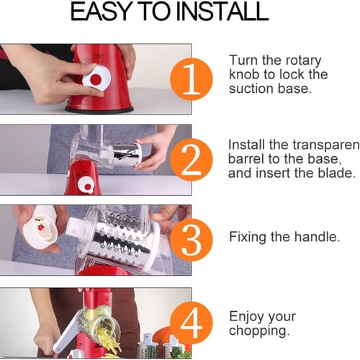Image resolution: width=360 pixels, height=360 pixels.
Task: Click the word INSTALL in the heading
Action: click(222, 12)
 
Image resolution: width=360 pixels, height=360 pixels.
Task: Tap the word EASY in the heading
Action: click(102, 12)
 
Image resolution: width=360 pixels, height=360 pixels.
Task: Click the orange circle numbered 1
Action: click(192, 79)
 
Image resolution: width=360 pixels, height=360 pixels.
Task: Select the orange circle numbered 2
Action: click(192, 160)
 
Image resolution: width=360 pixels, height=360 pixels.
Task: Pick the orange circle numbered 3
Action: click(192, 240)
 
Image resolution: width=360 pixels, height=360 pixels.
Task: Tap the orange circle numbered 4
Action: click(192, 323)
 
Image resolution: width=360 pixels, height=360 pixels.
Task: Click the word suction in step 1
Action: click(251, 89)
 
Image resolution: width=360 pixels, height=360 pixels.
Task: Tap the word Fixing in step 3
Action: click(248, 237)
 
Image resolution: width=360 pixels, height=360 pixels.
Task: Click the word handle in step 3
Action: click(317, 237)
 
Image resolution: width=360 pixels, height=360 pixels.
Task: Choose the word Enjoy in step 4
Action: click(246, 317)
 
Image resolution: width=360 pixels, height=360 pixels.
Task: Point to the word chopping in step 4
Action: click(259, 331)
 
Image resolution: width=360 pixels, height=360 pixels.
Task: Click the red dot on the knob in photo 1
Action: click(96, 78)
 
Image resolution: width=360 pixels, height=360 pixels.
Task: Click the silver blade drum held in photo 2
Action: click(127, 155)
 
